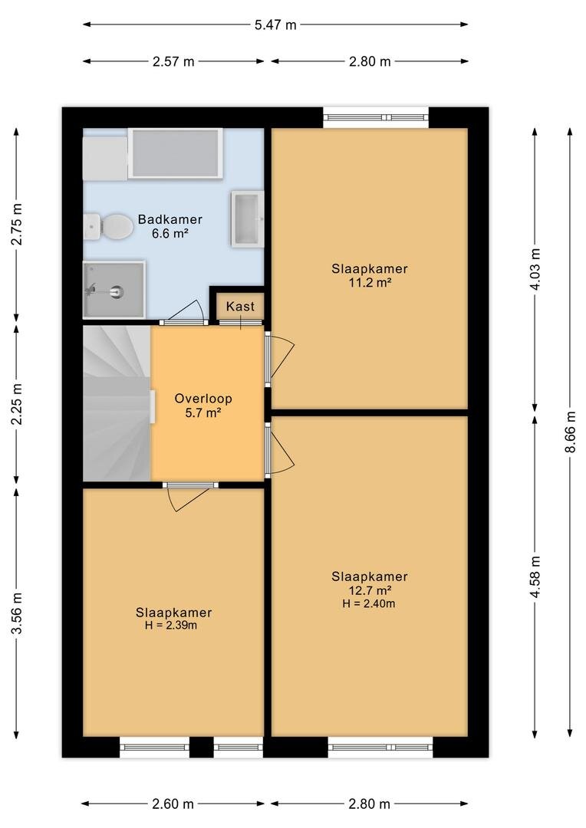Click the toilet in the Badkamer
click(x=108, y=226)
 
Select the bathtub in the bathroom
click(x=175, y=153)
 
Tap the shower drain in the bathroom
click(x=117, y=291)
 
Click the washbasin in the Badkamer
click(x=247, y=219)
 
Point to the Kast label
click(x=240, y=306)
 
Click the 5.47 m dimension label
click(x=275, y=25)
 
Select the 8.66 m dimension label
click(x=570, y=432)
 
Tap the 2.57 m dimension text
click(x=173, y=61)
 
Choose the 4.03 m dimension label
click(x=535, y=269)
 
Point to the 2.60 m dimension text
click(x=173, y=803)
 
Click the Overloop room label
click(x=203, y=399)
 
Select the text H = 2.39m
click(x=171, y=626)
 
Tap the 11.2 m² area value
click(x=370, y=282)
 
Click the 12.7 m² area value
click(x=370, y=590)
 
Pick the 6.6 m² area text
click(x=170, y=233)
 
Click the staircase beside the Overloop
click(x=117, y=403)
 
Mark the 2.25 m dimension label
click(x=17, y=404)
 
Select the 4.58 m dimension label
click(x=535, y=577)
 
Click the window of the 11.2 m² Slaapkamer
click(x=376, y=117)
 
